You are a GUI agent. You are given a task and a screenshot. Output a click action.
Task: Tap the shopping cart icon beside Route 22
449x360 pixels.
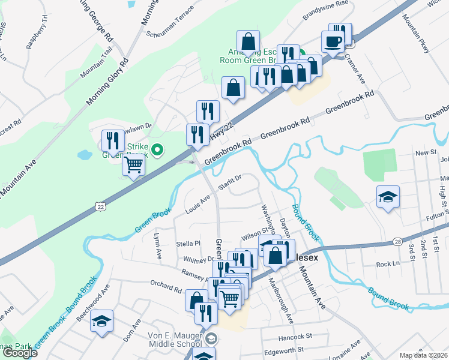[x=133, y=163]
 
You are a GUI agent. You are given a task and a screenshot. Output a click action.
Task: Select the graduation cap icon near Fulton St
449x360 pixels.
[x=388, y=196]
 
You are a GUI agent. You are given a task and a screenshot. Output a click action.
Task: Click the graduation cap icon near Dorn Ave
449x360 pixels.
[x=102, y=320]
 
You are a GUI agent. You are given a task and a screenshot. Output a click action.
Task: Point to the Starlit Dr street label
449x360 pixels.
[x=229, y=181]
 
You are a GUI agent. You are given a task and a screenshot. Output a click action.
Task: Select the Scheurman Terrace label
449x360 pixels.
[x=170, y=22]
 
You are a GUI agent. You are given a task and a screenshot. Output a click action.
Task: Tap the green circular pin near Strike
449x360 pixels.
[x=158, y=150]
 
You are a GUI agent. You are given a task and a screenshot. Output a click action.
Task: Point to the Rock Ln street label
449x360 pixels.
[x=387, y=263]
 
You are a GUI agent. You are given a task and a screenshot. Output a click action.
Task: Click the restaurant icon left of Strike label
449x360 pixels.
[x=112, y=140]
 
